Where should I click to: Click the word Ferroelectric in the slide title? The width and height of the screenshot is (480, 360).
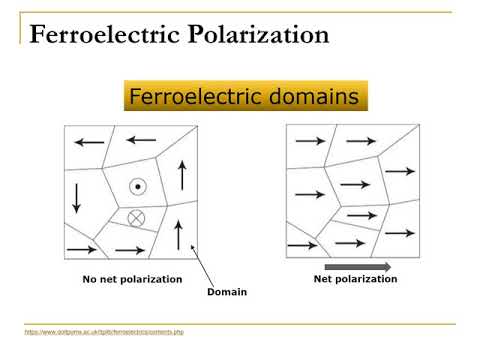[94, 36]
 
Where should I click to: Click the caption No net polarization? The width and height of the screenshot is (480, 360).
[132, 279]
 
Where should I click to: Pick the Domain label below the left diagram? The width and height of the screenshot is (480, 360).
[226, 292]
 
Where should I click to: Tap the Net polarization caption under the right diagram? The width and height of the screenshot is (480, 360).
[349, 279]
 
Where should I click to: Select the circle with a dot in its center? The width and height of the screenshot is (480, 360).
[137, 187]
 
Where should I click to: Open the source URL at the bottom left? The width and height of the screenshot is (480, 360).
[105, 331]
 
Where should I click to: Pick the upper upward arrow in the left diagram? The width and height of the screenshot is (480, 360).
[181, 174]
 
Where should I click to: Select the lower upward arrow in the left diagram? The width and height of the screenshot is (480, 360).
[178, 234]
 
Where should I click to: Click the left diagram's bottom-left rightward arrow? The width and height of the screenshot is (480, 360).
[76, 250]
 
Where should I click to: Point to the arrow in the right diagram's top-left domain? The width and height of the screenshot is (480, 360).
[310, 141]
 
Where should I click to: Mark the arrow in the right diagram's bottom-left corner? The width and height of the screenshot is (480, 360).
[301, 245]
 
